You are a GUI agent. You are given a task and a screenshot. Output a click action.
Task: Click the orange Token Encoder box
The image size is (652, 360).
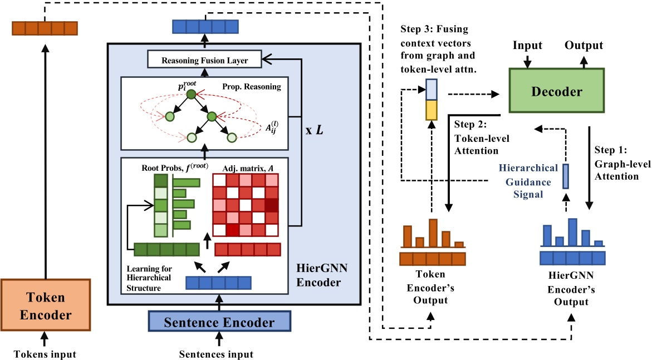click(46, 305)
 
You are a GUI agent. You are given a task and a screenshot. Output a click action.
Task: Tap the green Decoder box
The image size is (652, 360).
click(556, 91)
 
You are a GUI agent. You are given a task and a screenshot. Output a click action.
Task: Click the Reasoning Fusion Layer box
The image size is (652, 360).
click(205, 60)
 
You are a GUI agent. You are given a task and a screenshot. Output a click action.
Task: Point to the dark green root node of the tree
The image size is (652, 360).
click(191, 95)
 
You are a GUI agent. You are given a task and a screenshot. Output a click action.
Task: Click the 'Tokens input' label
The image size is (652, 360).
click(45, 354)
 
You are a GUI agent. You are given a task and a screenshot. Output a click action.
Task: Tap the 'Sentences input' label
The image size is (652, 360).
click(216, 354)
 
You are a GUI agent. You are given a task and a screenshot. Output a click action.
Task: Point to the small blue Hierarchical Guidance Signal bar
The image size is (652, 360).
click(565, 176)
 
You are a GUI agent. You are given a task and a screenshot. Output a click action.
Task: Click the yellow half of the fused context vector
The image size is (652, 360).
click(432, 110)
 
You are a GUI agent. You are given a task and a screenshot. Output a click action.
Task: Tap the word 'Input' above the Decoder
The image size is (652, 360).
click(527, 45)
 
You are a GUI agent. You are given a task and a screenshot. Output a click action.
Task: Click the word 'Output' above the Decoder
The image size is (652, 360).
click(584, 45)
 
